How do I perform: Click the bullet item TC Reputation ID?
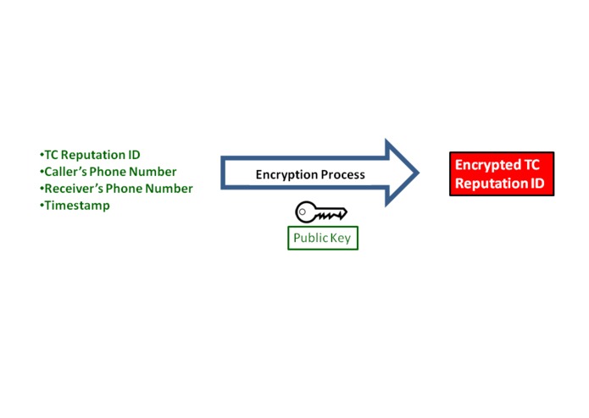[91, 155]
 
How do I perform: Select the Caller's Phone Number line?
[109, 172]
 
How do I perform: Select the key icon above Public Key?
[320, 212]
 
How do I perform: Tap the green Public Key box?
[322, 238]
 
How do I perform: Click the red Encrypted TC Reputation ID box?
[501, 174]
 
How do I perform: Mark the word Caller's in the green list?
[67, 172]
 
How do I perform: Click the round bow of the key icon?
[306, 212]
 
